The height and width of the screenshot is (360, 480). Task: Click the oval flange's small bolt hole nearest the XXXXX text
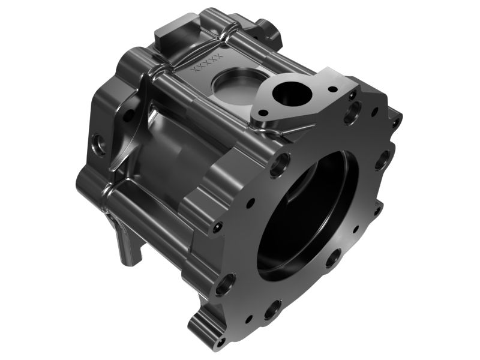(262, 112)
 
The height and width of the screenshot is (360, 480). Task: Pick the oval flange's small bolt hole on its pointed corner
(332, 89)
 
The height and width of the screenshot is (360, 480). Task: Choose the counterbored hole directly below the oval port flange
(280, 164)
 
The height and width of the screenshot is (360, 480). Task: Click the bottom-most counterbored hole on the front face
(272, 309)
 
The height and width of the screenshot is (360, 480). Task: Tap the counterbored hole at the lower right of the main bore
(334, 258)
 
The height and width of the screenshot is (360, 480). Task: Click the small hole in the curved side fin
(127, 116)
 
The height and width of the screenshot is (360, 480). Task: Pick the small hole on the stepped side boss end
(217, 227)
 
